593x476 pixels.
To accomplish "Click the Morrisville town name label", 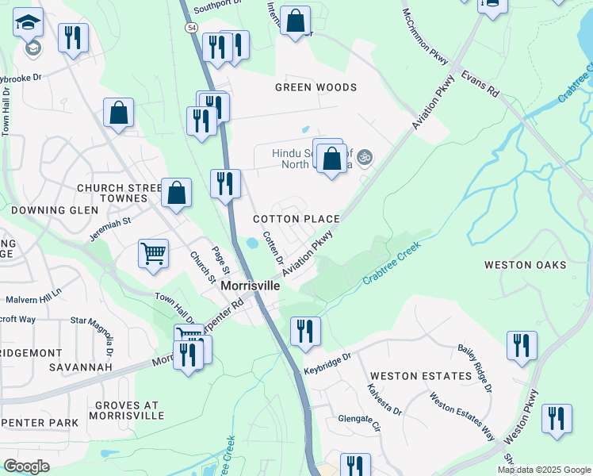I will [x=250, y=285].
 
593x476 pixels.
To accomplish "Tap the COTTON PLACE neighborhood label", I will [x=296, y=219].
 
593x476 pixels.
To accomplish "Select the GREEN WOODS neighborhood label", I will [x=316, y=87].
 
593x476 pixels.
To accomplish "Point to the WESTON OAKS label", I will [x=525, y=264].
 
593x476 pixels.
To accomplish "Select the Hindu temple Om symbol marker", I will [x=365, y=157].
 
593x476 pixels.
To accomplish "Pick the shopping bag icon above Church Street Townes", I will [x=118, y=113].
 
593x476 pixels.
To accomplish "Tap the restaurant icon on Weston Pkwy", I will [x=557, y=418].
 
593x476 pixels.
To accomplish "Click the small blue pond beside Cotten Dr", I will [x=252, y=243].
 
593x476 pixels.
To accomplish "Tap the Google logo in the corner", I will [x=26, y=466].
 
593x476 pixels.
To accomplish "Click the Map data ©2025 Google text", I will [x=543, y=470].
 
